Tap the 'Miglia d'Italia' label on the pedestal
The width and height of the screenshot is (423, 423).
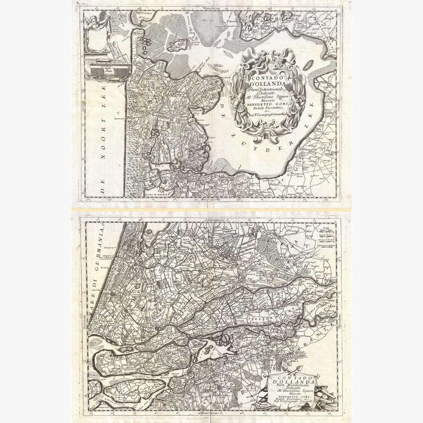tap(97, 69)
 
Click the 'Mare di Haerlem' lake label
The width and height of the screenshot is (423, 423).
tap(155, 195)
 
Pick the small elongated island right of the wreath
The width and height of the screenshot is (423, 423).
tap(309, 64)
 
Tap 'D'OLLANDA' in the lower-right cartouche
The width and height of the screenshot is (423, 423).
tap(293, 382)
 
